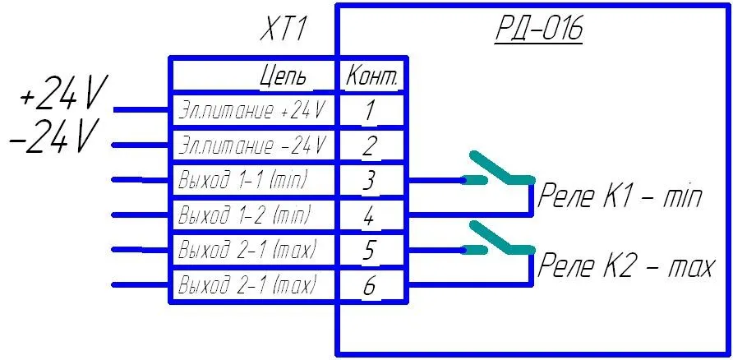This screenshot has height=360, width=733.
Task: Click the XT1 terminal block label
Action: [x=283, y=31]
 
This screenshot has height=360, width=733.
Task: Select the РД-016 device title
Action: [x=538, y=30]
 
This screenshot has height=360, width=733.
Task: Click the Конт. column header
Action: [x=372, y=76]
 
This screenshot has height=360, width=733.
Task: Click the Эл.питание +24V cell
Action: [x=253, y=109]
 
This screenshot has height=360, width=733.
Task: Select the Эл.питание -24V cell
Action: [x=253, y=146]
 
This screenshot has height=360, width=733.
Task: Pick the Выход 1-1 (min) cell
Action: [x=244, y=180]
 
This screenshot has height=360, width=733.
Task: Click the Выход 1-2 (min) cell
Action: [x=244, y=215]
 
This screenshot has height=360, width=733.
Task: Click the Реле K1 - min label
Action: [x=620, y=197]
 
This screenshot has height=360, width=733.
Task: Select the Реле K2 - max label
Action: [x=625, y=266]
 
